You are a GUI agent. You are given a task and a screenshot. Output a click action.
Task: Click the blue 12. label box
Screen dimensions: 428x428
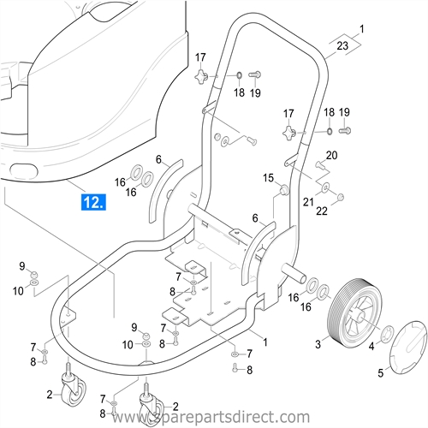[93, 202]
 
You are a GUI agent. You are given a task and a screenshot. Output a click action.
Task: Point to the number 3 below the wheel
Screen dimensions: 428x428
[318, 345]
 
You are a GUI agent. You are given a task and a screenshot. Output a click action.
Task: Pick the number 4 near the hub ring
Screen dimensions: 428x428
[371, 346]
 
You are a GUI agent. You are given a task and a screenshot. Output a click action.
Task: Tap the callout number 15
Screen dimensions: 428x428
[268, 178]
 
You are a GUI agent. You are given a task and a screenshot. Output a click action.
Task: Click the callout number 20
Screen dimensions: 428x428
[331, 155]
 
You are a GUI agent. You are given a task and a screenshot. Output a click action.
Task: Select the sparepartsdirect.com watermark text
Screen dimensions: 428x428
[214, 417]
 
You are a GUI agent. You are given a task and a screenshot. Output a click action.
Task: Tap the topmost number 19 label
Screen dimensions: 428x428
[254, 92]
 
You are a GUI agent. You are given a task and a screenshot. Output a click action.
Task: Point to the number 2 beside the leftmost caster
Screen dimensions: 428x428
[50, 394]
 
